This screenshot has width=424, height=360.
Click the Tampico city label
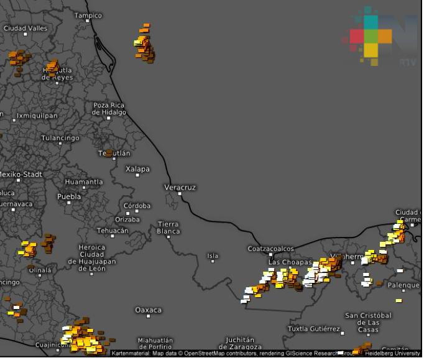pos(88,16)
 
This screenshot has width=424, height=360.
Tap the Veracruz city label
pos(180,187)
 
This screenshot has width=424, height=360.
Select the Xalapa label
pos(137,169)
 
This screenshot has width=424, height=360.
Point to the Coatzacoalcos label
pos(270,249)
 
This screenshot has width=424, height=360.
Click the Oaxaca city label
pos(148,310)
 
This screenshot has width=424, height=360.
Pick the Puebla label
pos(69,196)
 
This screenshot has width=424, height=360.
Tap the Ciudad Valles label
pos(25,29)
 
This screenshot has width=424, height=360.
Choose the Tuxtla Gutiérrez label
pos(314,328)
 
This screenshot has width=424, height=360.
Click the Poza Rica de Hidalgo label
pos(109,109)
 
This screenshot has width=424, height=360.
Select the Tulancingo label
pos(60,138)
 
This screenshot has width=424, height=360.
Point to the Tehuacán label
pos(113,231)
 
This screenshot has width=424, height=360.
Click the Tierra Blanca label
pos(168,228)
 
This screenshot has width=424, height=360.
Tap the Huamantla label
pos(84,182)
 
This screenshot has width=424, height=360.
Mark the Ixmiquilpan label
pos(37,116)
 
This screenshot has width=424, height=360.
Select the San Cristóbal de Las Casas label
pos(368,322)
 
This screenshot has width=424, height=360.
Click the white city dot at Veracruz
pos(180,193)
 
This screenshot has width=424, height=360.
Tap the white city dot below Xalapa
pos(137,175)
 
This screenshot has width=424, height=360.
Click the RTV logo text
pos(407,62)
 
